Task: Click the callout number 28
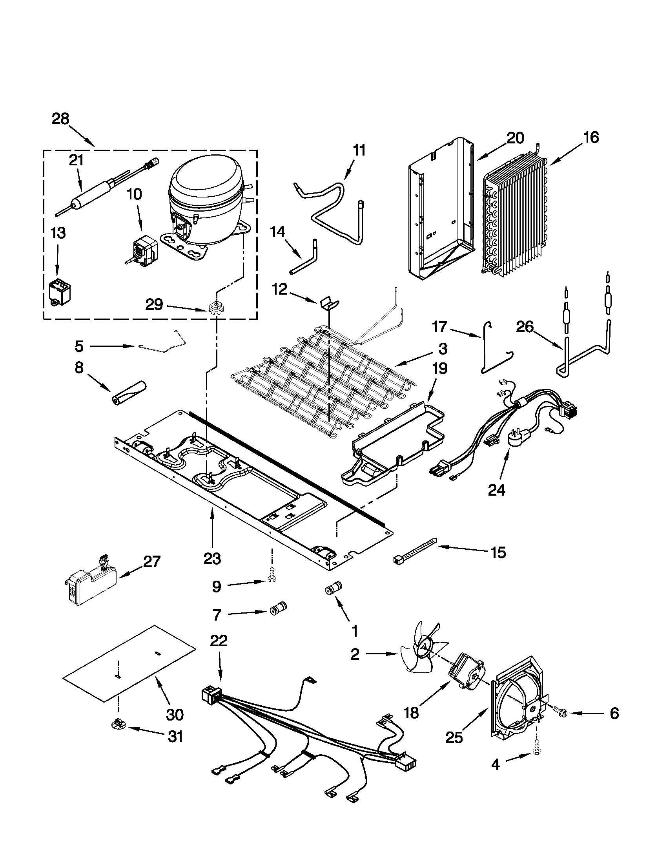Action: pos(60,118)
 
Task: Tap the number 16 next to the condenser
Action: pos(590,137)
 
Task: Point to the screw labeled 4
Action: pos(536,753)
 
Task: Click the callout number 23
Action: pos(213,558)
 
